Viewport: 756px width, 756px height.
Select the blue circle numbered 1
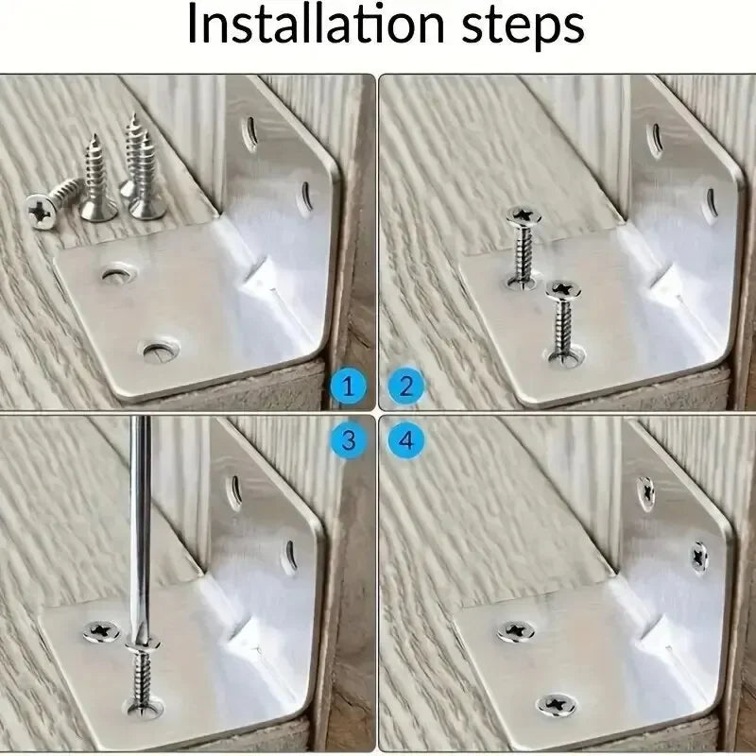click(349, 386)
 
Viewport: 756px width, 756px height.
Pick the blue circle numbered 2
click(407, 386)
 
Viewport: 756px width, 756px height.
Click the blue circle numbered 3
click(349, 438)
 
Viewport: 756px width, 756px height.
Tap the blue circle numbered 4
click(407, 438)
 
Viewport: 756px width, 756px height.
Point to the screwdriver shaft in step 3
click(143, 510)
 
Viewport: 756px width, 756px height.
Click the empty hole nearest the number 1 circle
click(157, 352)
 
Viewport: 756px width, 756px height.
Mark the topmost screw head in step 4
click(646, 490)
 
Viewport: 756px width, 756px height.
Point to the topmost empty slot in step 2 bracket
click(651, 136)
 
